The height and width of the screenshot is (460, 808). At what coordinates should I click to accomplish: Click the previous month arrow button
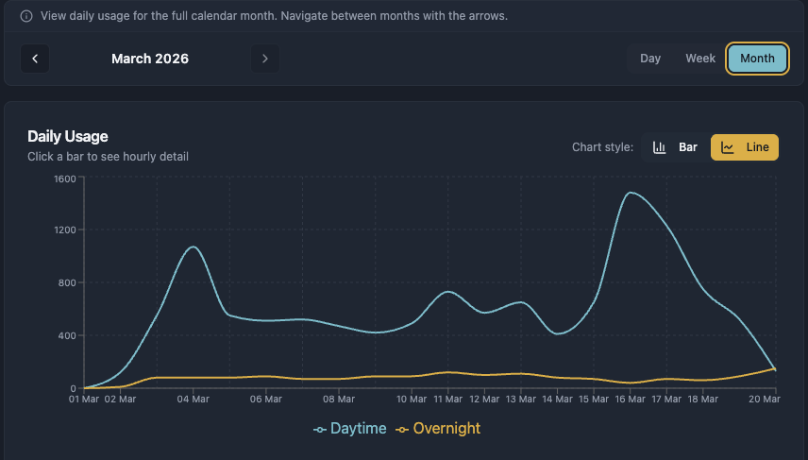coord(35,59)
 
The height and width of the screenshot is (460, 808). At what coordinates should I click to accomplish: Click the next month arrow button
coord(265,59)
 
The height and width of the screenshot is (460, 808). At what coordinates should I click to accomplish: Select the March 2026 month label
coord(150,59)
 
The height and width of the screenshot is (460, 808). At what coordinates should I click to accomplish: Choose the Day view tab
coord(650,59)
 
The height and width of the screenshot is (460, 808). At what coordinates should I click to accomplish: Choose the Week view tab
coord(700,59)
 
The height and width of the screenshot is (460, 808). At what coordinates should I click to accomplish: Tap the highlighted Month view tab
coord(757,59)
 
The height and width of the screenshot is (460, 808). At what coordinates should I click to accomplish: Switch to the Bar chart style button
coord(676,147)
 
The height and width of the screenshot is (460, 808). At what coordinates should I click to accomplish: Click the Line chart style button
coord(745,147)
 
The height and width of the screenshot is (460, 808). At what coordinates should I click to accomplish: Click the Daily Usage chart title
coord(68,137)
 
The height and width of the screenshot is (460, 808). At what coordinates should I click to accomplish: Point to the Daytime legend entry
coord(350,429)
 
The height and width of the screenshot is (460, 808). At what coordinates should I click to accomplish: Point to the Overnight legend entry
coord(438,429)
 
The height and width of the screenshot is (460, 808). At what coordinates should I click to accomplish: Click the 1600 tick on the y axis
coord(64,178)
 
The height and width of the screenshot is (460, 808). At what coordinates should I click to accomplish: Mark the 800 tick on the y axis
coord(67,282)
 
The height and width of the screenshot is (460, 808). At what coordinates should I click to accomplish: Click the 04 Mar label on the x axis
coord(194,400)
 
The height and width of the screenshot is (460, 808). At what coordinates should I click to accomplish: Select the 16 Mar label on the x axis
coord(630,400)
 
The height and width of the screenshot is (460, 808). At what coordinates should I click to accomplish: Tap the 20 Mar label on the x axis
coord(765,400)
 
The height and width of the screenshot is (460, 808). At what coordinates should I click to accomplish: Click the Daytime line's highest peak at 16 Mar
coord(630,193)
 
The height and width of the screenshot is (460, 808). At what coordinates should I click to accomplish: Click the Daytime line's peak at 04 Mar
coord(194,247)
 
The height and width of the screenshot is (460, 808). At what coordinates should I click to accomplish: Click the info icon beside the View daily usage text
coord(25,16)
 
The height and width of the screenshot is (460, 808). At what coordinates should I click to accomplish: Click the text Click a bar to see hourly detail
coord(108,157)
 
